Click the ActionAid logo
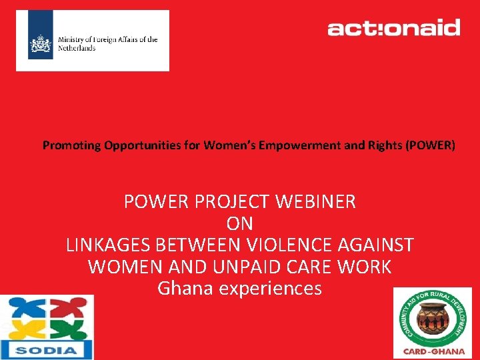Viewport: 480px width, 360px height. pyautogui.click(x=393, y=28)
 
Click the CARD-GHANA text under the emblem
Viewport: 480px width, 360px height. pyautogui.click(x=432, y=351)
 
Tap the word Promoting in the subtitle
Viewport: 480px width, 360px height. pyautogui.click(x=72, y=145)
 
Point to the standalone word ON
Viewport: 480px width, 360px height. pyautogui.click(x=240, y=223)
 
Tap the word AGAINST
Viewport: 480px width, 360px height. pyautogui.click(x=378, y=245)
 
